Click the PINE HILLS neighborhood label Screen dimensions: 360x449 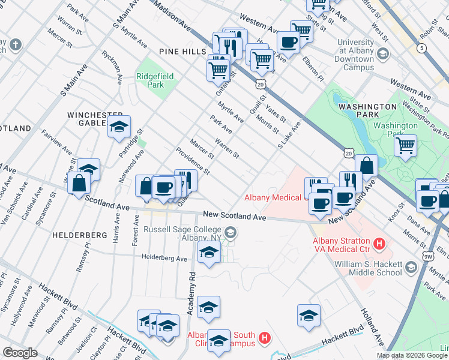click(x=182, y=52)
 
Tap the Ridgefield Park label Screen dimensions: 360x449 click(x=155, y=80)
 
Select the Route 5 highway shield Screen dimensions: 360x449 click(x=423, y=47)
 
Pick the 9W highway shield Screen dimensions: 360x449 click(x=427, y=257)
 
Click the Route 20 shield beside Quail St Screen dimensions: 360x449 click(x=260, y=85)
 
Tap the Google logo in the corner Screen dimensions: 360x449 click(x=20, y=353)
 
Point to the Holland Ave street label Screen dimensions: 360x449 click(x=372, y=325)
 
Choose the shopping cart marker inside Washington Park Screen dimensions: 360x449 click(x=406, y=145)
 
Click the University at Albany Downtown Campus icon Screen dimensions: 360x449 click(x=384, y=55)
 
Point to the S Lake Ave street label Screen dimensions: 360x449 click(x=289, y=136)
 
